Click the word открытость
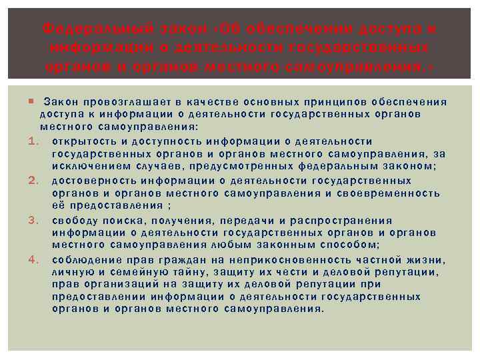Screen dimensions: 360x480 85,141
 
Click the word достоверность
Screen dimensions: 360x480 92,181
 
